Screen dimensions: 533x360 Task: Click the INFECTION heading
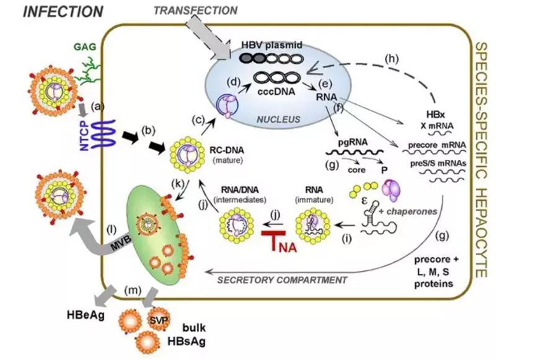(x=63, y=11)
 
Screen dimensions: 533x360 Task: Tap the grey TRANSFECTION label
(x=195, y=10)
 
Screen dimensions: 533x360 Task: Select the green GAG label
(x=85, y=46)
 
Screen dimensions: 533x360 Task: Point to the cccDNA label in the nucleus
(x=274, y=92)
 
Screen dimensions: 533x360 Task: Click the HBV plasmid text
(x=271, y=45)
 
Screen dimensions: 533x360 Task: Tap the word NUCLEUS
(x=278, y=120)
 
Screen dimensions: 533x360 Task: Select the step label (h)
(x=392, y=59)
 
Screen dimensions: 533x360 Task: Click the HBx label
(x=436, y=114)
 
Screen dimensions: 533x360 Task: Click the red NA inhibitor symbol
(x=279, y=241)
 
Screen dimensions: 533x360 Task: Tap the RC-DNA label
(x=227, y=150)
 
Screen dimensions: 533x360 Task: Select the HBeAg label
(x=86, y=315)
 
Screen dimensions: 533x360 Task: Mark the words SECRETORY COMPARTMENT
(x=282, y=280)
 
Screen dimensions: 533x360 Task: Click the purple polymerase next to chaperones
(x=392, y=190)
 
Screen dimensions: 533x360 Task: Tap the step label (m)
(x=133, y=290)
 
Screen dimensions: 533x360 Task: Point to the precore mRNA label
(x=437, y=145)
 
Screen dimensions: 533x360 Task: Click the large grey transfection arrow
(x=208, y=37)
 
